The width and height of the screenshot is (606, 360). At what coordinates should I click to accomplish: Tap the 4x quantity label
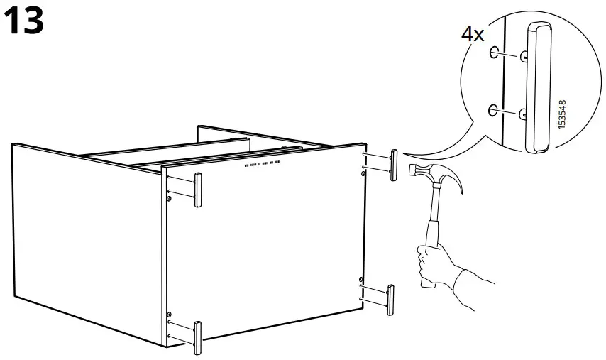tap(473, 33)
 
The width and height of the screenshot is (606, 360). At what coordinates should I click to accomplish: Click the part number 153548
tap(563, 114)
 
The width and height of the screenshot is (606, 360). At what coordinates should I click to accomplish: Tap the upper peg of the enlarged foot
tap(524, 55)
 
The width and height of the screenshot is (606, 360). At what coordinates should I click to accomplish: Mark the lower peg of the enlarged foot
tap(523, 111)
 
